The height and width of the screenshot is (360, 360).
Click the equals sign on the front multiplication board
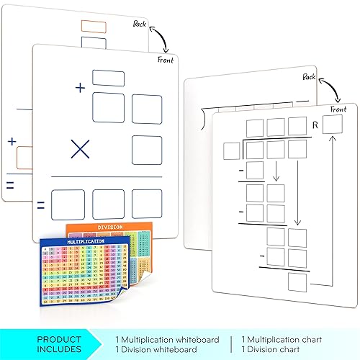point(40,205)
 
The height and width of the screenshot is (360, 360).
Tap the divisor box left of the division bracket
point(231,150)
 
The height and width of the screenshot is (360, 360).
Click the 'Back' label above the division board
point(310,77)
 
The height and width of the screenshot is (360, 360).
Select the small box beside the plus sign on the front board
point(109,78)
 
